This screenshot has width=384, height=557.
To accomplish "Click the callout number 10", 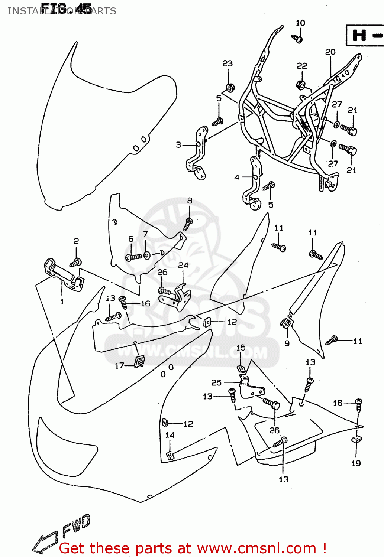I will [300, 23].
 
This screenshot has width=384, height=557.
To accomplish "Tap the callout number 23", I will [228, 63].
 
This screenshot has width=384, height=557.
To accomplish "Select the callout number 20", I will [330, 52].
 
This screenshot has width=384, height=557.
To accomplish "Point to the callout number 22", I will [302, 66].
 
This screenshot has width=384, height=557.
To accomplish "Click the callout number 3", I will [178, 145].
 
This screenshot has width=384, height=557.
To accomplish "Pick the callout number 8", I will [190, 201].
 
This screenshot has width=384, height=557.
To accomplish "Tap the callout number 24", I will [183, 265].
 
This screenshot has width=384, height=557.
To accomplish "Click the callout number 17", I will [119, 366].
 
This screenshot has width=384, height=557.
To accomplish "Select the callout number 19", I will [356, 463].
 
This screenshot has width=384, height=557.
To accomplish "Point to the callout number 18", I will [338, 403].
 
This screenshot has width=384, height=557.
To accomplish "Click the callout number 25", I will [216, 382].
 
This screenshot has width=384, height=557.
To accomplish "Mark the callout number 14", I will [170, 435].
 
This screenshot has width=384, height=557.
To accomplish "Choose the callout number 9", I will [287, 343].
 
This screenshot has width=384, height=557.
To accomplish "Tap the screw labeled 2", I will [75, 263].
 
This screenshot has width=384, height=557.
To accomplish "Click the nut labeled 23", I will [230, 88].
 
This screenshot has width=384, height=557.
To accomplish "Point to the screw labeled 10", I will [297, 39].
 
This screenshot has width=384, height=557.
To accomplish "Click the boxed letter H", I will [359, 36].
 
